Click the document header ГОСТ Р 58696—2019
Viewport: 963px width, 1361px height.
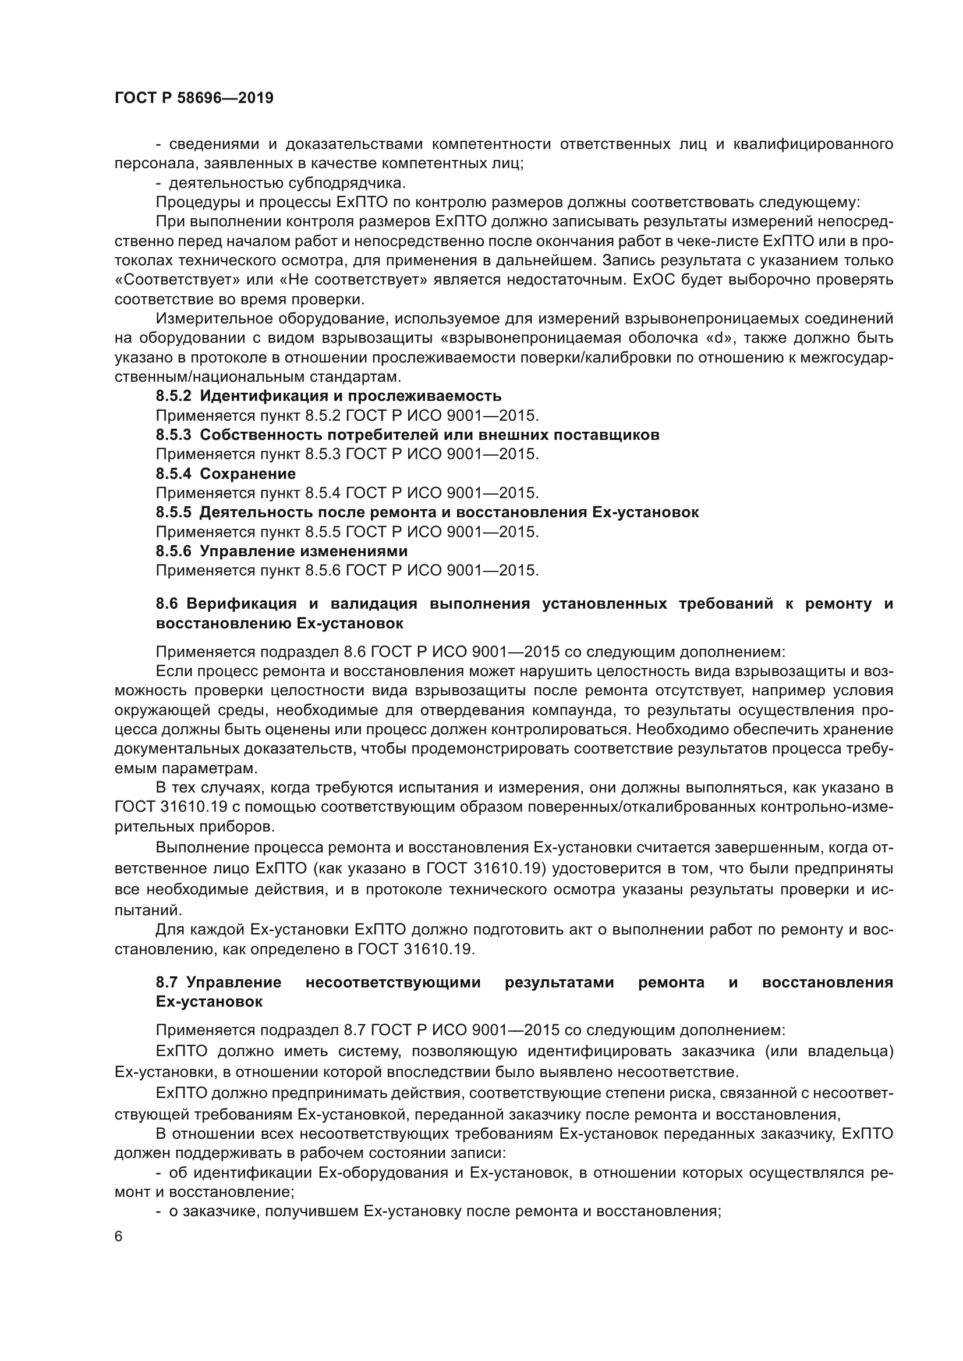click(194, 98)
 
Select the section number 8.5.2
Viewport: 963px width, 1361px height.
click(173, 396)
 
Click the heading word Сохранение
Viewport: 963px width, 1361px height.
click(247, 474)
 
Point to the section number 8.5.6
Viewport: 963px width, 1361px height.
click(173, 551)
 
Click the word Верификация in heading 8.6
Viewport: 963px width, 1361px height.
click(242, 604)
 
